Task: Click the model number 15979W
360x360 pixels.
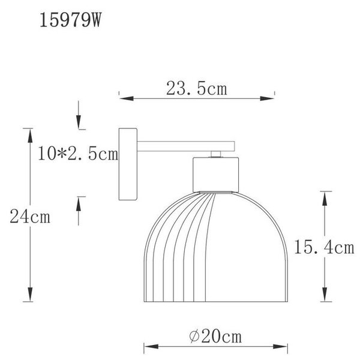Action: pyautogui.click(x=70, y=20)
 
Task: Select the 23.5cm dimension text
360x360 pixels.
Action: pyautogui.click(x=197, y=88)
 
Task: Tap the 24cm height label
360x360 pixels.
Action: pyautogui.click(x=30, y=217)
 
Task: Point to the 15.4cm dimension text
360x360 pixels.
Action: pyautogui.click(x=324, y=247)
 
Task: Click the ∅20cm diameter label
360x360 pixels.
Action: pyautogui.click(x=215, y=337)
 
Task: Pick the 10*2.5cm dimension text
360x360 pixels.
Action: pyautogui.click(x=78, y=154)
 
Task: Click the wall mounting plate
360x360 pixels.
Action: pyautogui.click(x=128, y=164)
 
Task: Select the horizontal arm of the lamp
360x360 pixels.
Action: pyautogui.click(x=186, y=146)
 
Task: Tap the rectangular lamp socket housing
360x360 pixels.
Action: pyautogui.click(x=215, y=175)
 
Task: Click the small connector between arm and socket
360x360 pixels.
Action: pyautogui.click(x=216, y=154)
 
